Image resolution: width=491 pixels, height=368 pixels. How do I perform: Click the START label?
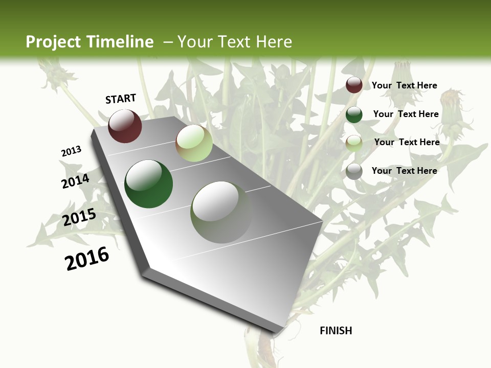click(121, 99)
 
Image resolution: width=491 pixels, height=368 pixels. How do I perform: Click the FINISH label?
click(336, 331)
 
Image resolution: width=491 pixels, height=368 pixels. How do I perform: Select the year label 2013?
click(71, 151)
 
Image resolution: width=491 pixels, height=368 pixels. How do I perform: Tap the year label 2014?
click(75, 181)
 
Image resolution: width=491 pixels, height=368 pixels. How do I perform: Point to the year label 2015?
click(79, 217)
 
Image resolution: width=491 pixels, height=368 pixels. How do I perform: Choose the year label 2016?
click(87, 259)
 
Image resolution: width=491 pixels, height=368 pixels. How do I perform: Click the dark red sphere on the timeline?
click(125, 126)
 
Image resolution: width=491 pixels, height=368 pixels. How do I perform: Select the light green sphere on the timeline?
click(194, 144)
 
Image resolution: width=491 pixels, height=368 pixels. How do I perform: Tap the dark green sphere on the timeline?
click(148, 184)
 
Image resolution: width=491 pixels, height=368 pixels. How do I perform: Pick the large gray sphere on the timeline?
click(221, 212)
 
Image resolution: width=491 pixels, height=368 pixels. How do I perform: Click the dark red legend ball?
click(354, 85)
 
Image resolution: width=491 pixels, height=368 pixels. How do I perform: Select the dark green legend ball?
click(354, 114)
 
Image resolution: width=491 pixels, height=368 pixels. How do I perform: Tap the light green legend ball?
click(354, 144)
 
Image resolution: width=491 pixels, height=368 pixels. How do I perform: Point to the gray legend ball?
click(354, 172)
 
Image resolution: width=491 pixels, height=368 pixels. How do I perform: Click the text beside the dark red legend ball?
click(404, 85)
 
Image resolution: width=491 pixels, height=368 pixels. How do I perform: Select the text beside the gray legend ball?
click(404, 171)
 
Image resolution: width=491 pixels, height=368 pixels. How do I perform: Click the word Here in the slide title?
click(273, 42)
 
